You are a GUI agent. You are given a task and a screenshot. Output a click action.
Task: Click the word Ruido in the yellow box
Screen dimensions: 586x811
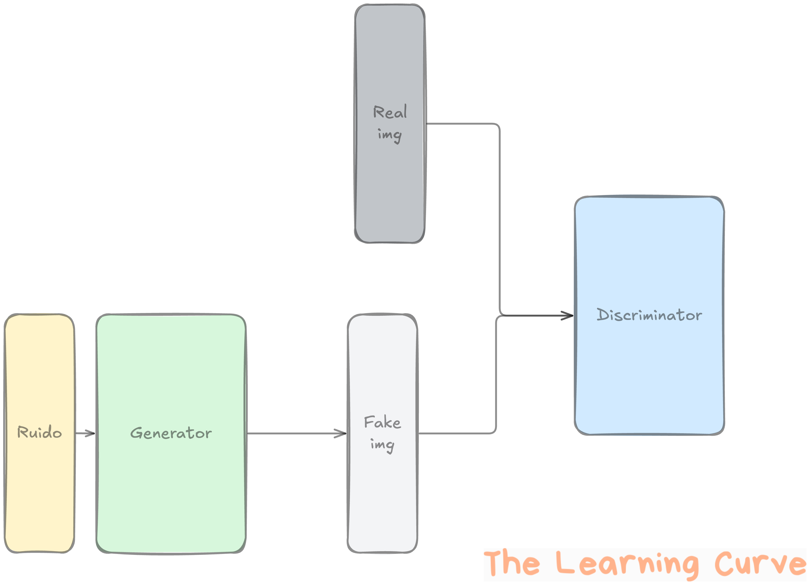tap(39, 432)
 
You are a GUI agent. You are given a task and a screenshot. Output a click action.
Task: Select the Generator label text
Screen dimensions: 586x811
tap(171, 433)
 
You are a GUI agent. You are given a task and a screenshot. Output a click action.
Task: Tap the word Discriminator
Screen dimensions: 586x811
tap(649, 315)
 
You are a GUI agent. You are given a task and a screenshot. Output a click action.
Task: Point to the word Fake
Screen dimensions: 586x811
tap(382, 422)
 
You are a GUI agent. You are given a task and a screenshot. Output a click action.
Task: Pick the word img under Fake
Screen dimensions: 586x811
tap(382, 445)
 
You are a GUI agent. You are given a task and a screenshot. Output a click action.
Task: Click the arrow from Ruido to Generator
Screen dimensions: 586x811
tap(85, 433)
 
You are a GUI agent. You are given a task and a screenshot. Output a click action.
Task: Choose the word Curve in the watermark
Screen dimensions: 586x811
tap(760, 564)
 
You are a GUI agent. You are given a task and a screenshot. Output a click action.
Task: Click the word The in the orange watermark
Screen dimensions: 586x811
tap(511, 564)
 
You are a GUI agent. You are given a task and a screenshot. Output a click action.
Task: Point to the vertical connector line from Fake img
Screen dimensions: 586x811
tap(496, 375)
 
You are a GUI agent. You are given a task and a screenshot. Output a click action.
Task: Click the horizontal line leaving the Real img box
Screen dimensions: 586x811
tap(461, 124)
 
